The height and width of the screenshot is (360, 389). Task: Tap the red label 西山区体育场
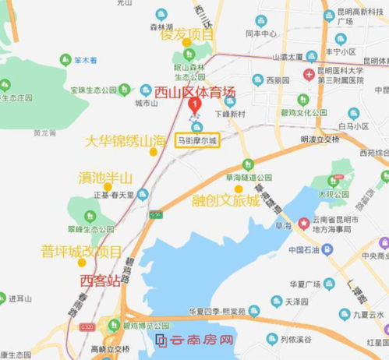pyautogui.click(x=194, y=92)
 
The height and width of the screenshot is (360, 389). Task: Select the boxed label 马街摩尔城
pyautogui.click(x=198, y=141)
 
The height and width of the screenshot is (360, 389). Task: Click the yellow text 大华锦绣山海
pyautogui.click(x=126, y=141)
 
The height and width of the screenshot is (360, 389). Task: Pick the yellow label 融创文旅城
pyautogui.click(x=226, y=200)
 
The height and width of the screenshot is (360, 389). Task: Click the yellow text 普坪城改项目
pyautogui.click(x=81, y=251)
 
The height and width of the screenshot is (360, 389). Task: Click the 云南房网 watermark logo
pyautogui.click(x=195, y=341)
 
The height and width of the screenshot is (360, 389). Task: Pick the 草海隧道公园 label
pyautogui.click(x=246, y=176)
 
